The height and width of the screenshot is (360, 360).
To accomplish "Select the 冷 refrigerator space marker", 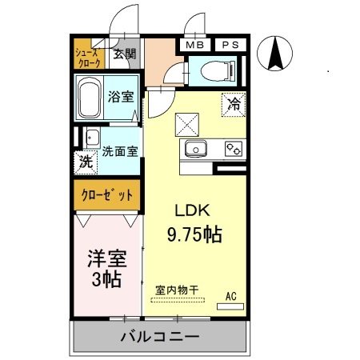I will pyautogui.click(x=234, y=103).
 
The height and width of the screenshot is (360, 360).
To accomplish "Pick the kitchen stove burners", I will pyautogui.click(x=234, y=148).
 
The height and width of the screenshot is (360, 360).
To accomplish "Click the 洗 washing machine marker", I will pyautogui.click(x=86, y=161).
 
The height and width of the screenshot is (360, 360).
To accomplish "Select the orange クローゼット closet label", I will pyautogui.click(x=108, y=194).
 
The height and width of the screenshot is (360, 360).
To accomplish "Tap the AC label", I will pyautogui.click(x=231, y=297).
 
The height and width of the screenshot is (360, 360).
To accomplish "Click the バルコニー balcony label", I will pyautogui.click(x=160, y=336).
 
